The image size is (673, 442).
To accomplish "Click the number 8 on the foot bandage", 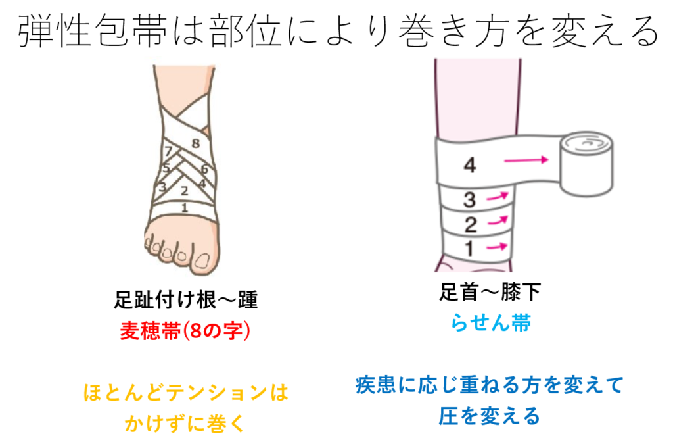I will point(195,143).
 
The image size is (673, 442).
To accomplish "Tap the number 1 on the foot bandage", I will point(185,207).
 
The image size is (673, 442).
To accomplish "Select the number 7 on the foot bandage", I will point(169,151).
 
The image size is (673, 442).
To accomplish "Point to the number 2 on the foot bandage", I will point(185,191).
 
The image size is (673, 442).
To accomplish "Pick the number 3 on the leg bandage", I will point(469,199).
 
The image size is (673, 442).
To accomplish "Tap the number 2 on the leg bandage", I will point(469,225).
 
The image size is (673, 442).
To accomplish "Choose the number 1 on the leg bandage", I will point(469,249).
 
